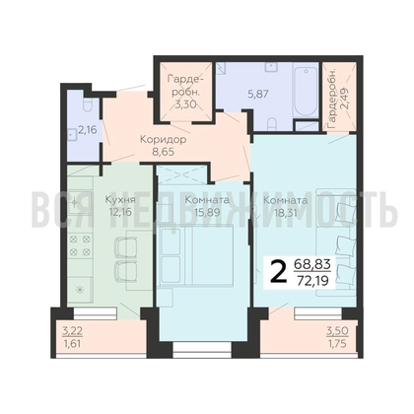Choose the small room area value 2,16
pyautogui.click(x=88, y=127)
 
